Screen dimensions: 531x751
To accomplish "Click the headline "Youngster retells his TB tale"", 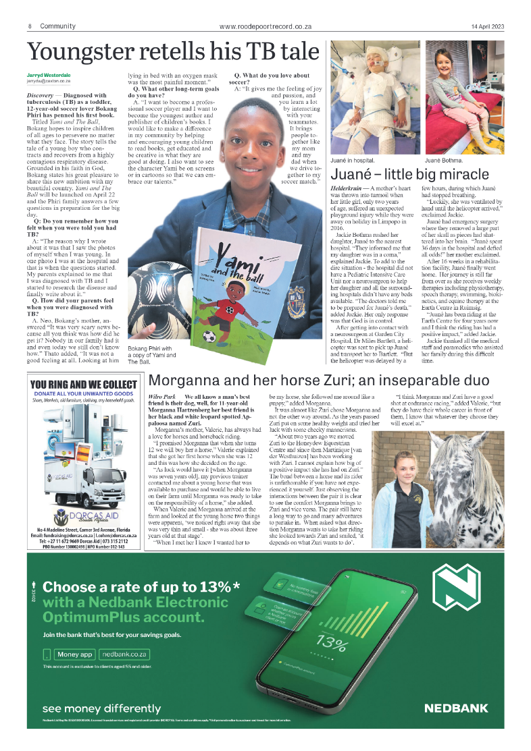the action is (172, 51).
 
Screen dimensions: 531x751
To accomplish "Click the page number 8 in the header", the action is (30, 26).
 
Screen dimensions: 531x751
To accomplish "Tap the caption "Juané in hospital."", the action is (352, 162).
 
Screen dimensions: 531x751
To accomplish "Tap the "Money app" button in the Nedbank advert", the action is (74, 654).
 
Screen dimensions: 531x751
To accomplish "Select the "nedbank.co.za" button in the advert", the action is (124, 654).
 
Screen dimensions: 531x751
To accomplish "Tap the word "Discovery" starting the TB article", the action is (40, 96).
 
